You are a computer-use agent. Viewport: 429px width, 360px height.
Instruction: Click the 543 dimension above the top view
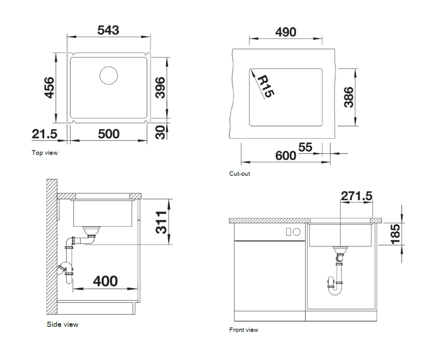(x=108, y=30)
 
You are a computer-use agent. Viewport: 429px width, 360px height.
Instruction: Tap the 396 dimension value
(x=160, y=87)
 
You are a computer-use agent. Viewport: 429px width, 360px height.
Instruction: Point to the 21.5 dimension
(x=44, y=134)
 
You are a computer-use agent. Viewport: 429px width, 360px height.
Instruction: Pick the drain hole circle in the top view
(x=109, y=75)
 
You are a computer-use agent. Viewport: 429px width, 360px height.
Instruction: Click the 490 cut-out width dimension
(x=286, y=32)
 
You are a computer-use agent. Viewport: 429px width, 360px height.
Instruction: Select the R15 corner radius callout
(x=265, y=87)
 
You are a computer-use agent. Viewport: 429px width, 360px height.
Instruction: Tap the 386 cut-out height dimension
(x=349, y=97)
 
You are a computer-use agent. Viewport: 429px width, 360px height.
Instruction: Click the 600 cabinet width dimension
(x=286, y=156)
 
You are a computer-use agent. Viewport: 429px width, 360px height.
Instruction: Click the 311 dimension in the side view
(x=162, y=222)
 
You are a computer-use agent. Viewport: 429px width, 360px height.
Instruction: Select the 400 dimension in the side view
(x=105, y=281)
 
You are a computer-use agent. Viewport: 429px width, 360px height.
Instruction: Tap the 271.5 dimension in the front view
(x=356, y=196)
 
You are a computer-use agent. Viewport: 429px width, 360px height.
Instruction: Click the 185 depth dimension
(x=395, y=233)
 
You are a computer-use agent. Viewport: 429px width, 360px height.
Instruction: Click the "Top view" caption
(x=45, y=153)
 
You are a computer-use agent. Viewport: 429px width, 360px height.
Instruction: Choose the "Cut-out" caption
(x=240, y=174)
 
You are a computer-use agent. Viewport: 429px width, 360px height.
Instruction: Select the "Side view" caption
(x=63, y=324)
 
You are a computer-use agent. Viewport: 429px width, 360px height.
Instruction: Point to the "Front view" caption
(x=244, y=330)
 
